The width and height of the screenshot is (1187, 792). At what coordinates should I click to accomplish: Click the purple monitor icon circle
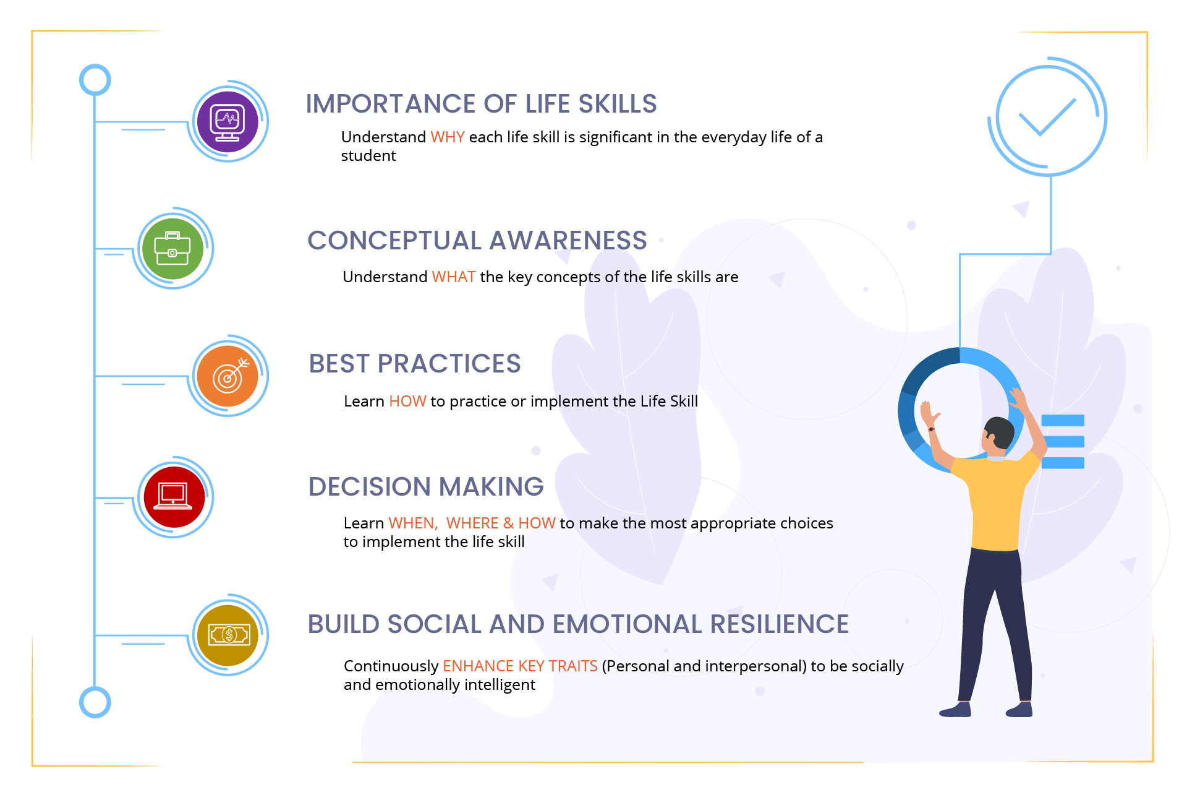[228, 121]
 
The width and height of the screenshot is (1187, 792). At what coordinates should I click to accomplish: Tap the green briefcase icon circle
[173, 248]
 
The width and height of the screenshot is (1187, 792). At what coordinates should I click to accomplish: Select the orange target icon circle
[228, 376]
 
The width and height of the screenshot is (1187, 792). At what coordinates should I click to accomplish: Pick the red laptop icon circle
[174, 497]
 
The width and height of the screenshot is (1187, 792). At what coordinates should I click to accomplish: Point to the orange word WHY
[447, 137]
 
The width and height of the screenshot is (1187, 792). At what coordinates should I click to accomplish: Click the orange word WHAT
[453, 277]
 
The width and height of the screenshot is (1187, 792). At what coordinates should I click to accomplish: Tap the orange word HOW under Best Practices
[407, 401]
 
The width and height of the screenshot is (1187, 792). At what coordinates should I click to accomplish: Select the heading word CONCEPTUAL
[394, 240]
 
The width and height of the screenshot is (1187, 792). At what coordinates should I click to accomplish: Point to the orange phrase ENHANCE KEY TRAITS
[520, 666]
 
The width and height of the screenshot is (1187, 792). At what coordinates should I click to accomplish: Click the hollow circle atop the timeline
[95, 80]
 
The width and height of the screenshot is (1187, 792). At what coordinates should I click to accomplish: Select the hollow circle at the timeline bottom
[95, 702]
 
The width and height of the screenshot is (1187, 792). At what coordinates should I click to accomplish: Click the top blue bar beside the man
[1063, 421]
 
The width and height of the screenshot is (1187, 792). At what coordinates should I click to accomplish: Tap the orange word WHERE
[472, 523]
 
